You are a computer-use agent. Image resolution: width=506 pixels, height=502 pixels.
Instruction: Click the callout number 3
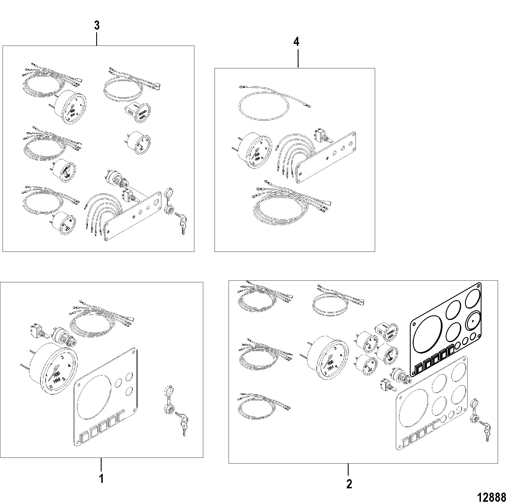[97, 26]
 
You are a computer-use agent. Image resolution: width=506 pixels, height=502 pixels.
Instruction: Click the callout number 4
[296, 42]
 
